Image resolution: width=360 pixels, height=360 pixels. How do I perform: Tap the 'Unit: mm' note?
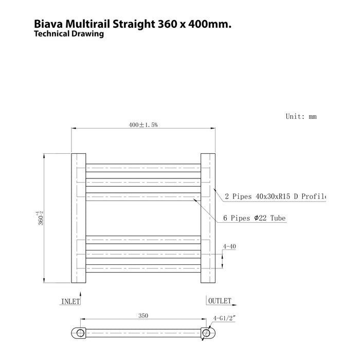[x=301, y=117]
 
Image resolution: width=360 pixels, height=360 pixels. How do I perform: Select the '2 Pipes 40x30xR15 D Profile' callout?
[x=276, y=196]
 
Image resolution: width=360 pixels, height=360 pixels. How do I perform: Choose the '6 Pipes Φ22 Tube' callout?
[x=254, y=219]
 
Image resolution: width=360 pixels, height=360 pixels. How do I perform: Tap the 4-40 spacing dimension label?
[x=229, y=247]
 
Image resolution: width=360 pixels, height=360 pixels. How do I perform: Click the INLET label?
[x=70, y=301]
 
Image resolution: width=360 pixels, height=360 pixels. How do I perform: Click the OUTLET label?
[x=220, y=301]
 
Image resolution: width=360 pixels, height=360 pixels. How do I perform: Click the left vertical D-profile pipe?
[x=78, y=218]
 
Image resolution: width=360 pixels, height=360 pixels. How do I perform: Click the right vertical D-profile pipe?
[x=208, y=218]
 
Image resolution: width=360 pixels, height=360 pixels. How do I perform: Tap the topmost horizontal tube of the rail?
[x=142, y=167]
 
